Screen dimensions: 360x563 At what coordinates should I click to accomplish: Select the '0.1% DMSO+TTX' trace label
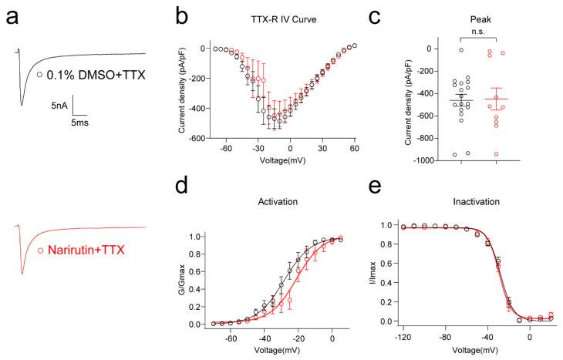pyautogui.click(x=90, y=75)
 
